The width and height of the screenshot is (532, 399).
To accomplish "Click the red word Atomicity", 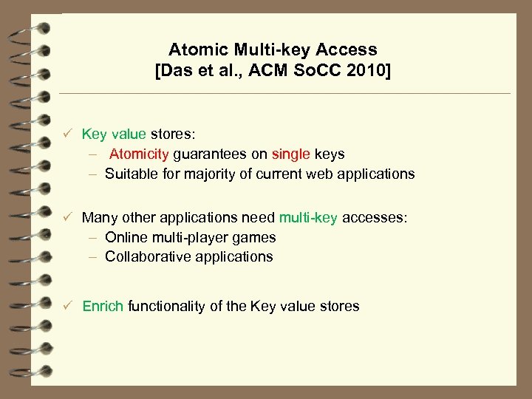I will [x=140, y=154].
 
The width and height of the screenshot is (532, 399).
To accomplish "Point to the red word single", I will [x=291, y=154].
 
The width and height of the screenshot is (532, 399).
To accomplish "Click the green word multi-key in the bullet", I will [x=308, y=218].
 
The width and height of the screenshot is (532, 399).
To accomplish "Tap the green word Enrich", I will [x=103, y=306].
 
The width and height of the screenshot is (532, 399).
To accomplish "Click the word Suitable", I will [x=132, y=174].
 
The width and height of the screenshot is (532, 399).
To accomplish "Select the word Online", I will [x=126, y=237].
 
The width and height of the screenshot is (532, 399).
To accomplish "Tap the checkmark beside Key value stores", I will [x=66, y=134].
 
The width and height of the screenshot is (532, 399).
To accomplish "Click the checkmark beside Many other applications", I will [x=66, y=218].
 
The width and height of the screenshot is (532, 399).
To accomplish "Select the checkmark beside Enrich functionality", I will [x=66, y=306].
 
